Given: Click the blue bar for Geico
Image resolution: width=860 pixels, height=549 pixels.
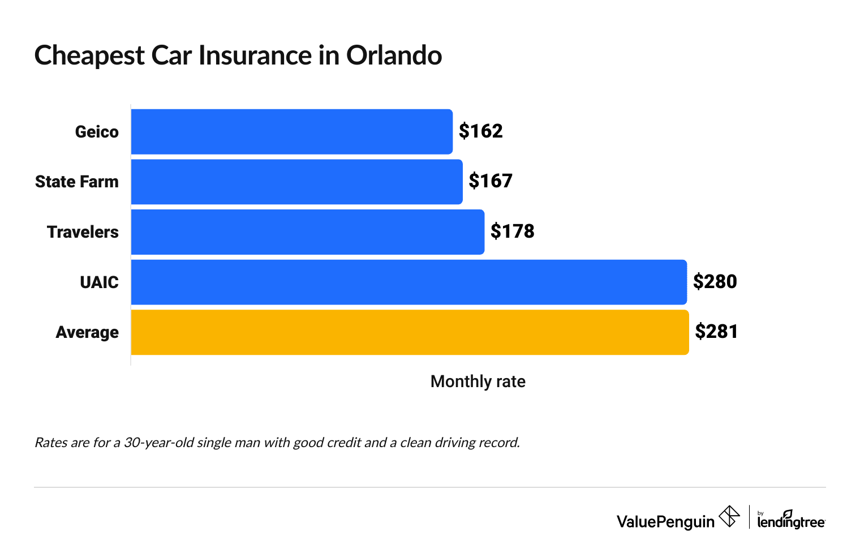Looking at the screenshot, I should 291,131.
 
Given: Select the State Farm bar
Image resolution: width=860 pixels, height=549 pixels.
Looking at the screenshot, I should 296,182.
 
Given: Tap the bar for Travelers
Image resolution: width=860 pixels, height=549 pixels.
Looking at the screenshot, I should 307,232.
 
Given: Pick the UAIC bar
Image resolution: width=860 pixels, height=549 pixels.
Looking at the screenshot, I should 408,282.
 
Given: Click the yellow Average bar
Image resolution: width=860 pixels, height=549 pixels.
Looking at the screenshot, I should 410,332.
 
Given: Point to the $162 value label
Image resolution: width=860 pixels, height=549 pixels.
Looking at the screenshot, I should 480,131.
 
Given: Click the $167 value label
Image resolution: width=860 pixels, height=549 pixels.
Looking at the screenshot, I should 491,181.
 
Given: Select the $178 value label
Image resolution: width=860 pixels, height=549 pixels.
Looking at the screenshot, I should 512,231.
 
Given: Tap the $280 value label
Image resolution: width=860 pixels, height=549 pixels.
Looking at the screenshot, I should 715,282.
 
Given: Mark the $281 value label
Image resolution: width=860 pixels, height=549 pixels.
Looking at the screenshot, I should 716,332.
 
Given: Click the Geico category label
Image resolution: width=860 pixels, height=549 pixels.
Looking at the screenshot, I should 97,132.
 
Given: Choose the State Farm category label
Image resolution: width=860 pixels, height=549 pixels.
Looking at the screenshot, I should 77,182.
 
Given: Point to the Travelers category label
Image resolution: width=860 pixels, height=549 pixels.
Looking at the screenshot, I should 83,232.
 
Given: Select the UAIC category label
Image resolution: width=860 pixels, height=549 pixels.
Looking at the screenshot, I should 99,282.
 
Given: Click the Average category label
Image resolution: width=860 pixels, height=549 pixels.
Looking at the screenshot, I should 87,332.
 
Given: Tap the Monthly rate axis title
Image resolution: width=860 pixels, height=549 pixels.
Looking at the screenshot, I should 478,381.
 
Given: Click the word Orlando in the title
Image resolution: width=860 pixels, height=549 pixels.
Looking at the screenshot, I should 394,55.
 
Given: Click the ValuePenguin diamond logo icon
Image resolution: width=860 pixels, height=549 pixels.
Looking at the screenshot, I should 729,517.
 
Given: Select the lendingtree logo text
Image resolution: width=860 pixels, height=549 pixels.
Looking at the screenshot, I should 790,521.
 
